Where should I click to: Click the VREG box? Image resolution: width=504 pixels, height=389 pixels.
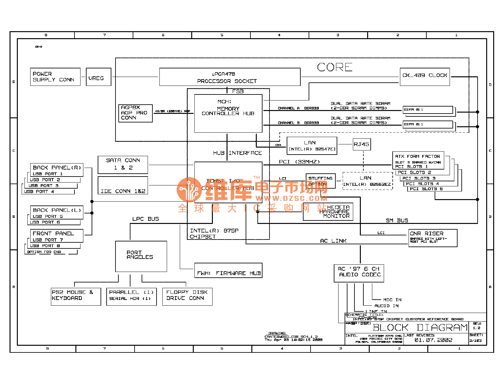coord(98,77)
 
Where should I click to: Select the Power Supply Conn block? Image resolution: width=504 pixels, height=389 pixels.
coord(55,77)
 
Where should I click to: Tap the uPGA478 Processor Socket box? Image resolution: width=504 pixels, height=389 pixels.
coord(230,77)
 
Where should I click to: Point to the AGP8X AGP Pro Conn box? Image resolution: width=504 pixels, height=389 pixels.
coord(135,113)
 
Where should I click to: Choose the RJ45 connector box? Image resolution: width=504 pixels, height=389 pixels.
coord(362,144)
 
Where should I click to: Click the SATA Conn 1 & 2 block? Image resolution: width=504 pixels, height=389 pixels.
coord(123,164)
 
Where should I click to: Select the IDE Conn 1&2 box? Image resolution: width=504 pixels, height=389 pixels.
coord(123,186)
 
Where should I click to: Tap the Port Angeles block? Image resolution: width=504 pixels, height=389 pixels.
coord(141,256)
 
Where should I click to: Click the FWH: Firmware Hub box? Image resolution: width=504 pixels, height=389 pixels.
coord(228,271)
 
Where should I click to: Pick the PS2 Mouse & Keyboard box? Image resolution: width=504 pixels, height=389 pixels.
coord(76,296)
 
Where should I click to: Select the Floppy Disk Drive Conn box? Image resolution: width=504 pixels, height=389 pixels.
coord(187,296)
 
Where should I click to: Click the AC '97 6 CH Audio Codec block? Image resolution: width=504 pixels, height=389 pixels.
coord(359,273)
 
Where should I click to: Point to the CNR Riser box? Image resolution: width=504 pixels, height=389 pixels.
coord(433,238)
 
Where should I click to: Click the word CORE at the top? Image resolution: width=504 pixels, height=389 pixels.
coord(335,67)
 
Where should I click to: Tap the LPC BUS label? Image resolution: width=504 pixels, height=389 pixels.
coord(145,219)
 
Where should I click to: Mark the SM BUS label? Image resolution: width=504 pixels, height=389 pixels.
coord(397,220)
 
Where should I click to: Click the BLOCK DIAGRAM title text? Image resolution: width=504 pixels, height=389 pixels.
coord(420,328)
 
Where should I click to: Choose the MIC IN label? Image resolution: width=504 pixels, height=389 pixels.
coord(392,300)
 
